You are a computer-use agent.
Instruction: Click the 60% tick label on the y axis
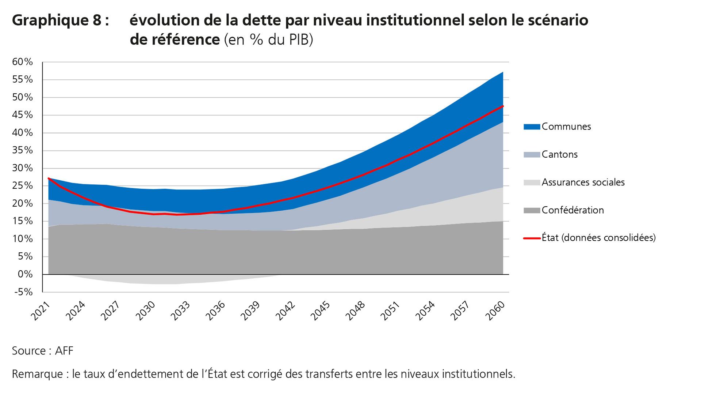tap(23, 62)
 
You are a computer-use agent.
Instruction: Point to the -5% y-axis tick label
tap(24, 292)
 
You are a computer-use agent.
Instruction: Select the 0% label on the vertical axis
tap(25, 274)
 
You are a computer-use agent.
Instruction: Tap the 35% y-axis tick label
tap(23, 150)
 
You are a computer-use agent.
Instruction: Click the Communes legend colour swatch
tap(531, 127)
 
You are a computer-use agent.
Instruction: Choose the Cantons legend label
tap(559, 154)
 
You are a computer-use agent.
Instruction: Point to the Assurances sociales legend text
tap(583, 182)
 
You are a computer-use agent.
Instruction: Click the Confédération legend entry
tap(572, 210)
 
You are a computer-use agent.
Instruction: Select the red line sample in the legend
tap(531, 238)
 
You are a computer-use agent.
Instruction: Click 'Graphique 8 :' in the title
tap(60, 20)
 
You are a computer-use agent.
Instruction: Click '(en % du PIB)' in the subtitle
tap(268, 39)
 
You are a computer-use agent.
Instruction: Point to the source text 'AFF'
tap(64, 351)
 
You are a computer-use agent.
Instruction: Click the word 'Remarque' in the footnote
tap(37, 374)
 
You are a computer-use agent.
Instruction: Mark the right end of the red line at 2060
tap(503, 106)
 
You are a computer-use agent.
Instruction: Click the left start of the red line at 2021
tap(49, 178)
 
